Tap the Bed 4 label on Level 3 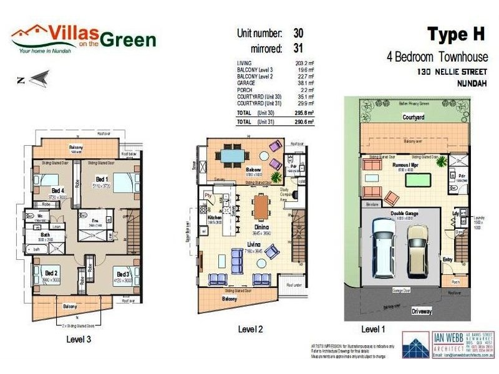point(57,190)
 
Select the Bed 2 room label point(51,273)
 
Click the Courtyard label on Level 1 point(413,117)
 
